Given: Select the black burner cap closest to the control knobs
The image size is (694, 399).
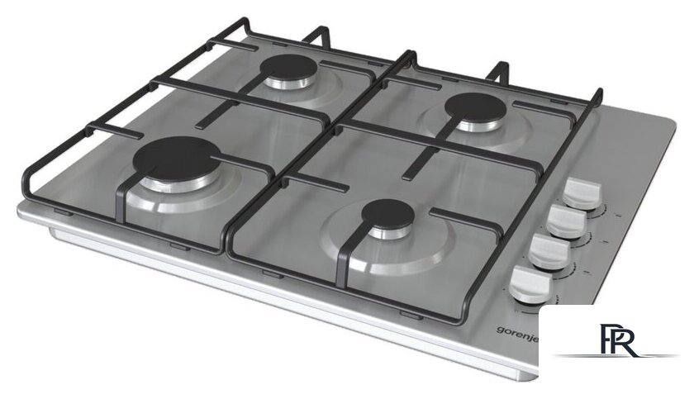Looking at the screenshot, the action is (x=387, y=215).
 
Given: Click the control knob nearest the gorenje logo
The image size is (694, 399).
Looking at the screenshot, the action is (x=530, y=285).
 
